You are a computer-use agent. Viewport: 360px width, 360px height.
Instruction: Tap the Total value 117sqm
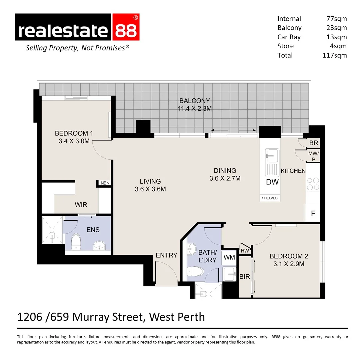(334, 55)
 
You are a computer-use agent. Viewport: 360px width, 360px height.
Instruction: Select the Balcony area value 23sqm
(337, 28)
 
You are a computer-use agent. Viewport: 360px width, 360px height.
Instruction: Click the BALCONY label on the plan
(195, 101)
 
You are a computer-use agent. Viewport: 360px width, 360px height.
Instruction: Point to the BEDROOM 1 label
(74, 134)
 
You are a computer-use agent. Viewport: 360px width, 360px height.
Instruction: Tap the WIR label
(81, 204)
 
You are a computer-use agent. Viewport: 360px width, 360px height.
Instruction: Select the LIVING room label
(150, 181)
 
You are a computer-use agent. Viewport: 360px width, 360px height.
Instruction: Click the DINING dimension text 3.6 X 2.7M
(225, 178)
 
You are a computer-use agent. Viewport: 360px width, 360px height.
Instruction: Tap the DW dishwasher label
(272, 182)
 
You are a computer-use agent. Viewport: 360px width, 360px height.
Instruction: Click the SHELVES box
(270, 198)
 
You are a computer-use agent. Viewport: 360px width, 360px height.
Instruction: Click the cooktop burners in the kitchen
(313, 184)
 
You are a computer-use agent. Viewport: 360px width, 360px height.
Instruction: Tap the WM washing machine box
(229, 257)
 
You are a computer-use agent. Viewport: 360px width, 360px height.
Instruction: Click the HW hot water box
(245, 251)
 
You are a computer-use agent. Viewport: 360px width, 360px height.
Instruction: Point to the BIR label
(245, 277)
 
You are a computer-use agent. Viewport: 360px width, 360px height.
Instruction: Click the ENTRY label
(166, 255)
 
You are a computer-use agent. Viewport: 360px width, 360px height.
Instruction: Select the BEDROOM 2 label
(289, 256)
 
